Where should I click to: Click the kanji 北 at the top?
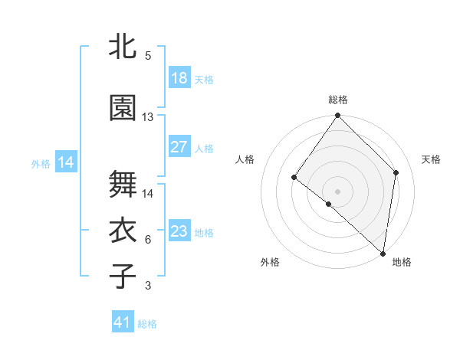point(123,47)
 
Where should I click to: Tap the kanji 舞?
point(123,185)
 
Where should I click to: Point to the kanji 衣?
point(123,231)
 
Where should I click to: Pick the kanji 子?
point(123,276)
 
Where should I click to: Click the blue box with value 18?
point(179,78)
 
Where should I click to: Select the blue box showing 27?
point(179,147)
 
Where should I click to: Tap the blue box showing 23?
point(179,231)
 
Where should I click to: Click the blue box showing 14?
point(65,162)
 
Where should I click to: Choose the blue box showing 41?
point(123,322)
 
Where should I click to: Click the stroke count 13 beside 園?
point(148,117)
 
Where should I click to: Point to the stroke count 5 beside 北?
point(147,56)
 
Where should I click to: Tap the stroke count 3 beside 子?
point(147,286)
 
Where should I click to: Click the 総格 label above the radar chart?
point(338,100)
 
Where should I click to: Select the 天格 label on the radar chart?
point(432,159)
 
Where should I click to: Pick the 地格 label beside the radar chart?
point(402,262)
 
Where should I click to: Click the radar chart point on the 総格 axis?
point(338,116)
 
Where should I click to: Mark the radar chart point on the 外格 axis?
point(328,204)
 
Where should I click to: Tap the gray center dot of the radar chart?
point(338,191)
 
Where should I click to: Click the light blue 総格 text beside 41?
point(147,324)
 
